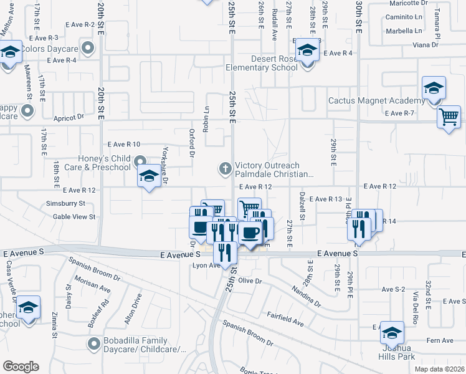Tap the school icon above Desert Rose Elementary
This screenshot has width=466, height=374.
point(307,49)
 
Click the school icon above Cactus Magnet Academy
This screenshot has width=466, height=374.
point(434,88)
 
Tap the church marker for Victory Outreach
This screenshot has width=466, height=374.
point(224,168)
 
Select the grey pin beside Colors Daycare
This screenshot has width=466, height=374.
point(88,47)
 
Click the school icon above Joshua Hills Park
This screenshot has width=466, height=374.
point(392,332)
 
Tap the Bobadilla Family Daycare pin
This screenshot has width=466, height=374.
point(94,343)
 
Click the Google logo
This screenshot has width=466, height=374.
point(21,366)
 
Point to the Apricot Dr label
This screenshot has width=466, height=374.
point(69,117)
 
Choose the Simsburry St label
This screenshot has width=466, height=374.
point(65,203)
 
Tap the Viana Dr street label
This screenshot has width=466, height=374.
point(426,45)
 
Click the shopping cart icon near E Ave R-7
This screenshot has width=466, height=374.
point(449,117)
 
